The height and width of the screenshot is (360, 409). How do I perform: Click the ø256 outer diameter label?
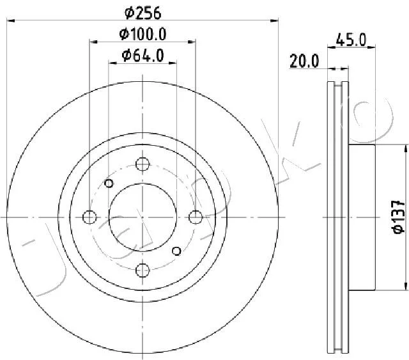(x=143, y=13)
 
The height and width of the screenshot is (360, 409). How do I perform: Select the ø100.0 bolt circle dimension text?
(x=143, y=34)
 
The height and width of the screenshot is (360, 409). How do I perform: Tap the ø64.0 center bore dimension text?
(x=143, y=56)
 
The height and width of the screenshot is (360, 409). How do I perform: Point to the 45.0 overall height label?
(x=351, y=40)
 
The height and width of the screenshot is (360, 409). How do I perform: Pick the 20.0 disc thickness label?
(x=304, y=61)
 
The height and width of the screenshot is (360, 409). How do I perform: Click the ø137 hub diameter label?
(x=398, y=217)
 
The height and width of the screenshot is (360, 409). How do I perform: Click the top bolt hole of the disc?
(x=143, y=164)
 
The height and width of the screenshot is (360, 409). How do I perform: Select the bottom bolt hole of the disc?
(x=143, y=270)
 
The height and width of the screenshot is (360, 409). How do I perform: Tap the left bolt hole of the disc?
(x=89, y=217)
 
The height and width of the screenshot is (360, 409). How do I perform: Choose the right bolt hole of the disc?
(x=196, y=217)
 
